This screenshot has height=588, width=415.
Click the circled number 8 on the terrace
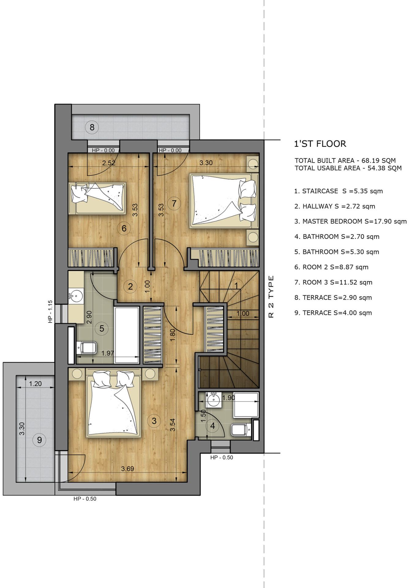tap(92, 127)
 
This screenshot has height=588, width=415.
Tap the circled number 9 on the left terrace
tap(39, 440)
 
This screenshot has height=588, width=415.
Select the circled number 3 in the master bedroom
tap(154, 421)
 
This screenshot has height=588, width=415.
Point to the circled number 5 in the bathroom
tap(102, 329)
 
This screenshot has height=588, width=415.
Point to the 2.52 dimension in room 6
tap(109, 163)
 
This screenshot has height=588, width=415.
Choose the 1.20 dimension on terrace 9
tap(35, 384)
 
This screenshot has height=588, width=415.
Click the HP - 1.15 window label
tap(50, 311)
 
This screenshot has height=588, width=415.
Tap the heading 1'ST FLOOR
tap(320, 144)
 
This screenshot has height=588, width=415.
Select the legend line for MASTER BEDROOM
tap(350, 221)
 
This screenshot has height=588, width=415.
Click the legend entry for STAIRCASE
tap(338, 191)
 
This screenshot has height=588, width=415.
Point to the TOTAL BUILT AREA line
tap(345, 160)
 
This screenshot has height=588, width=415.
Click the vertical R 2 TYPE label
tap(271, 297)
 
